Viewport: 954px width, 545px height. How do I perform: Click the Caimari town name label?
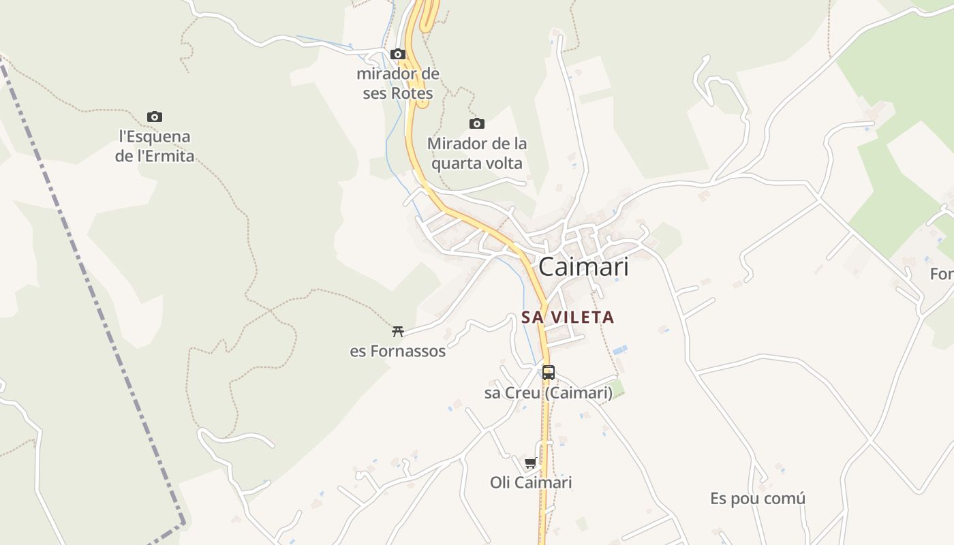[x=583, y=267]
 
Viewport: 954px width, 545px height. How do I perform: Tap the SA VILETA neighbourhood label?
[x=568, y=317]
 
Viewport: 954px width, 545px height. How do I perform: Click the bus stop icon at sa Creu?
[x=549, y=373]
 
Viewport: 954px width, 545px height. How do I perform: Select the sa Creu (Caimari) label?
[x=548, y=393]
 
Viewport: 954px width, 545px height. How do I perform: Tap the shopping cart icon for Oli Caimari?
[x=531, y=463]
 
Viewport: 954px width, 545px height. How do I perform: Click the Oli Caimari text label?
[x=531, y=482]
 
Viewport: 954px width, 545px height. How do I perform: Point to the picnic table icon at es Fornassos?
[x=398, y=332]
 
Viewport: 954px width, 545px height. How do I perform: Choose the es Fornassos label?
[x=398, y=352]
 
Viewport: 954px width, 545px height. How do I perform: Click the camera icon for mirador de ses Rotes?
[x=398, y=54]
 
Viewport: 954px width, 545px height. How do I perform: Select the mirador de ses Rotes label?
[x=398, y=83]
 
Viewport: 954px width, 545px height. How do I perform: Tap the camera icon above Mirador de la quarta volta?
[x=477, y=123]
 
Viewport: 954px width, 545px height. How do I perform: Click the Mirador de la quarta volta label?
[x=477, y=154]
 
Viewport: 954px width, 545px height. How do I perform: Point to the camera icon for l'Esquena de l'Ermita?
[x=155, y=116]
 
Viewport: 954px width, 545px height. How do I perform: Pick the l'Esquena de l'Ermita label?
[x=155, y=146]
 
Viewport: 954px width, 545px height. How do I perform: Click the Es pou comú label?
[x=758, y=499]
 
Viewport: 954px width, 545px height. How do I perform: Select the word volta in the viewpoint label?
[x=505, y=163]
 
